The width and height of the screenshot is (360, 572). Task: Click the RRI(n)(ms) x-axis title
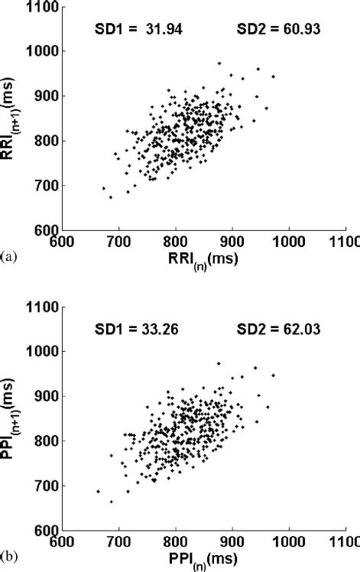205,258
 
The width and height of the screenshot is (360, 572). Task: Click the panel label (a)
8,258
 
